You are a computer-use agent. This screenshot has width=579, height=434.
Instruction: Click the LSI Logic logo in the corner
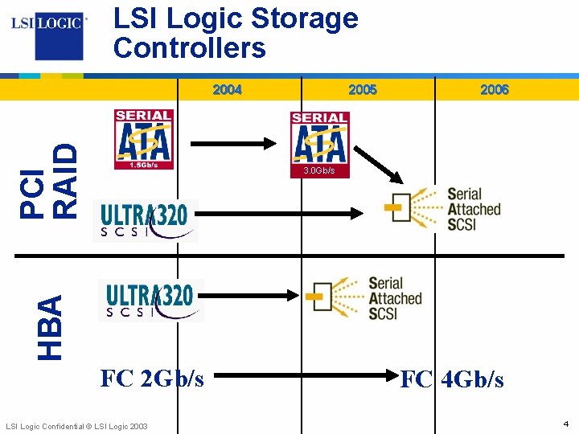click(47, 32)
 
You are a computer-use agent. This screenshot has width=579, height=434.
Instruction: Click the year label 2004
click(227, 90)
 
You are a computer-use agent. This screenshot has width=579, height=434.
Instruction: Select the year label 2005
click(362, 90)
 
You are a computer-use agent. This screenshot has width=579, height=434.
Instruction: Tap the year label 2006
click(494, 90)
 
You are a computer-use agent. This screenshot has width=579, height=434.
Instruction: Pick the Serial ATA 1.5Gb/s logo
click(143, 139)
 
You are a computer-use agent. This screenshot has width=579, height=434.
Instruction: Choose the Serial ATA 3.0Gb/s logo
click(319, 144)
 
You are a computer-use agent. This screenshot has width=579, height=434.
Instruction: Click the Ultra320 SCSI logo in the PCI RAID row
click(146, 220)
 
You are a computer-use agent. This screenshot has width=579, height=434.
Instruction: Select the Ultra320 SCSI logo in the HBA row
click(150, 300)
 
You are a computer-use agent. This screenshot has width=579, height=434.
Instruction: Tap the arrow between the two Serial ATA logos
click(233, 143)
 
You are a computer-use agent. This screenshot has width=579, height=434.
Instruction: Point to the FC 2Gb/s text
click(151, 378)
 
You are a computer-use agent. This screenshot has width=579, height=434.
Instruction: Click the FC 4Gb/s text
click(452, 379)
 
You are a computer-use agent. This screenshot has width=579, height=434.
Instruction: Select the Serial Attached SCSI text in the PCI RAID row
click(474, 209)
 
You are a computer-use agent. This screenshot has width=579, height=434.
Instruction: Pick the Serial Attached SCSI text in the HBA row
click(395, 298)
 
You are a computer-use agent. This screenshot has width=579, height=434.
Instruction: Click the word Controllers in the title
click(190, 48)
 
